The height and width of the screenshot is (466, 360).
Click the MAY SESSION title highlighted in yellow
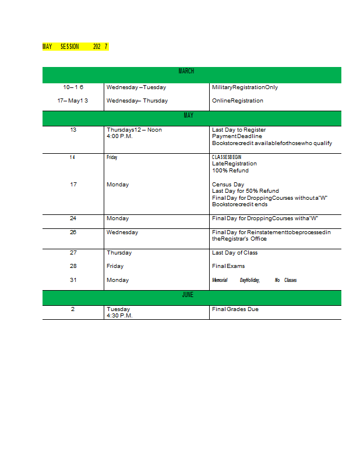click(x=75, y=47)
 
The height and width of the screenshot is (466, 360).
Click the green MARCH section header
click(x=186, y=71)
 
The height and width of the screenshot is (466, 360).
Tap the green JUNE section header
click(x=188, y=295)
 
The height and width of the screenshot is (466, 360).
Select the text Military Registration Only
click(x=245, y=87)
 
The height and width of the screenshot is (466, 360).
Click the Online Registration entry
click(x=238, y=101)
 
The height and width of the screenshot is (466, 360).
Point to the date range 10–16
click(x=73, y=87)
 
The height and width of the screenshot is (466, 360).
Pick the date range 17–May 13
click(x=73, y=101)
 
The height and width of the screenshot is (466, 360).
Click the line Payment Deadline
click(x=237, y=136)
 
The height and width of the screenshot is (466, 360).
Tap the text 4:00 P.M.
click(x=119, y=136)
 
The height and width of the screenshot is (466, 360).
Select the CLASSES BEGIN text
click(x=227, y=157)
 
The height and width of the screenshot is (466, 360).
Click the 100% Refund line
click(x=230, y=171)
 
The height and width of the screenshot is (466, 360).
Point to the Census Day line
click(x=228, y=185)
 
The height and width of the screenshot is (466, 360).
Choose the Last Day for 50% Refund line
click(x=245, y=191)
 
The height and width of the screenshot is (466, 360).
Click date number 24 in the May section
click(x=73, y=218)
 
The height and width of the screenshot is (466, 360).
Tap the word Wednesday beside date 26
click(x=122, y=232)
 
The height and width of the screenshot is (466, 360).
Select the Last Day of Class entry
click(x=235, y=253)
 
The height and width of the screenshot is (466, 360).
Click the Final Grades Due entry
click(x=235, y=309)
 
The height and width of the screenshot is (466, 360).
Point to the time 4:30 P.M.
click(x=119, y=316)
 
